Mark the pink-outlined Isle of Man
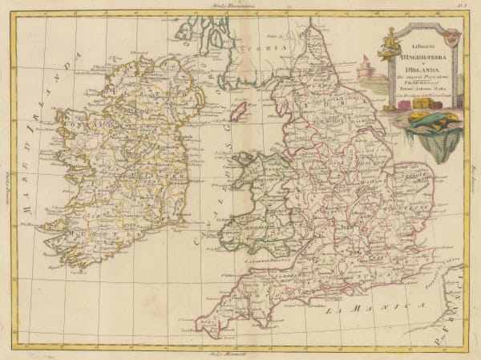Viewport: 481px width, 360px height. (x=237, y=110)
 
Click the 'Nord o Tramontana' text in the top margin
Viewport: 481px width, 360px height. (x=240, y=6)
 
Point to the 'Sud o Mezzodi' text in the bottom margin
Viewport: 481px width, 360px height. (x=240, y=353)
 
